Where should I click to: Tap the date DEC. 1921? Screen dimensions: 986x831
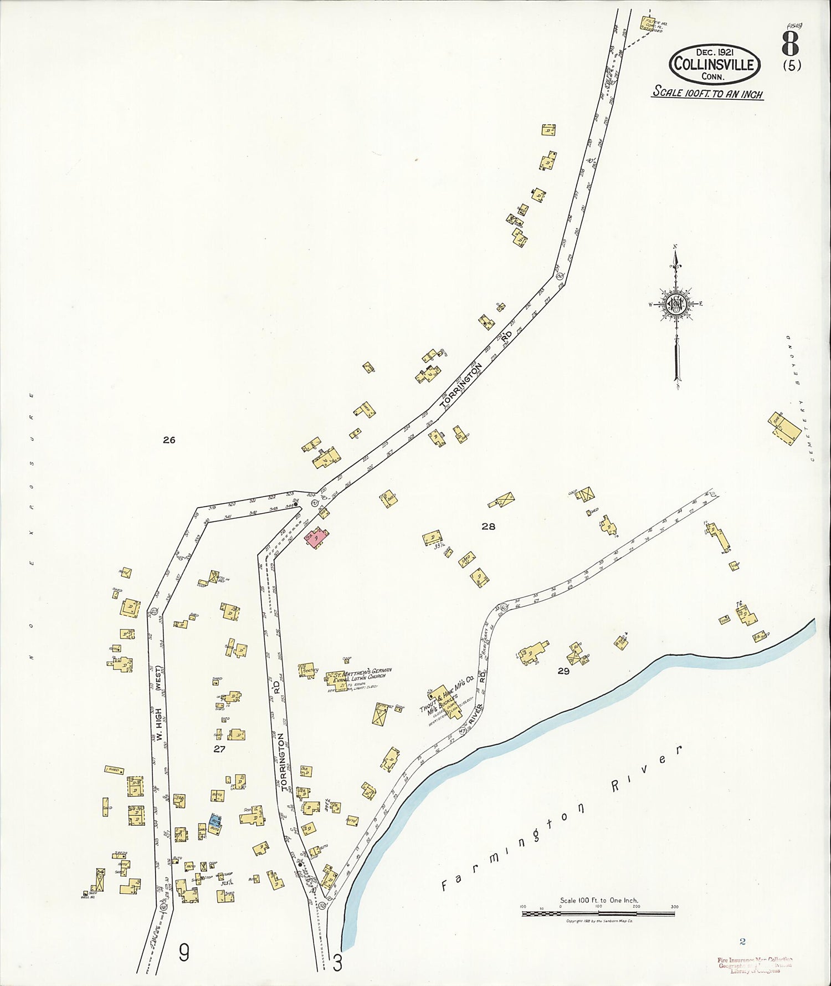714,52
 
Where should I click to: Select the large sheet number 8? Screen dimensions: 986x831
790,43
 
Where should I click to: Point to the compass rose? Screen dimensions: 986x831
676,304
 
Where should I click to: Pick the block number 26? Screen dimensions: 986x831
169,440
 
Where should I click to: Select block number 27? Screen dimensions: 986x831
219,749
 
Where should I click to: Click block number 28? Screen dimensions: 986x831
488,527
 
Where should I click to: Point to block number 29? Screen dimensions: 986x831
563,671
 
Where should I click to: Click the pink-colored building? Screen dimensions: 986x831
316,537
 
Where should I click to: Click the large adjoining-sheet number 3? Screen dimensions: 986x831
337,963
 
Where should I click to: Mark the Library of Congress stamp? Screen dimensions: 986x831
755,965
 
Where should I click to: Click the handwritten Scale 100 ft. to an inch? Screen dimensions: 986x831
707,93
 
